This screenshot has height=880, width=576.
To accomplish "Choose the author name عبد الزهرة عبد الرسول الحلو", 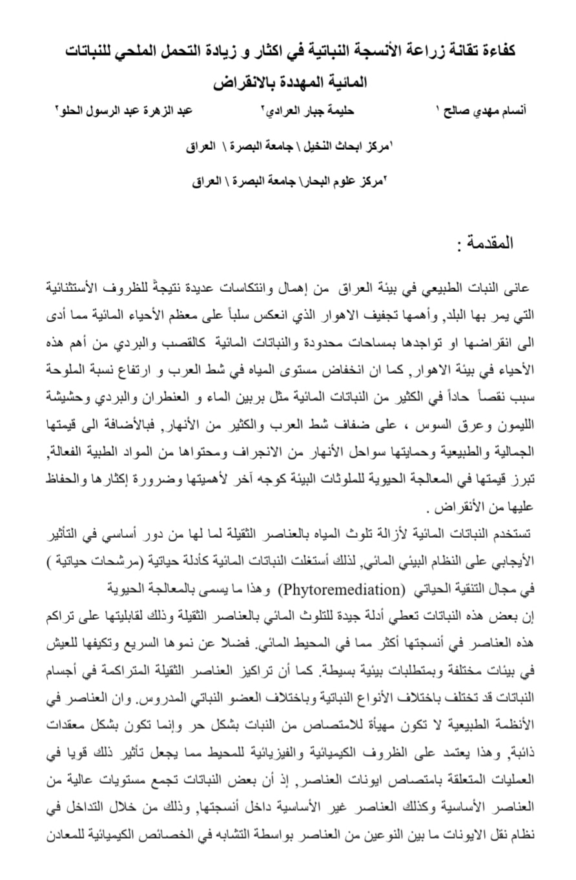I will (126, 110).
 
